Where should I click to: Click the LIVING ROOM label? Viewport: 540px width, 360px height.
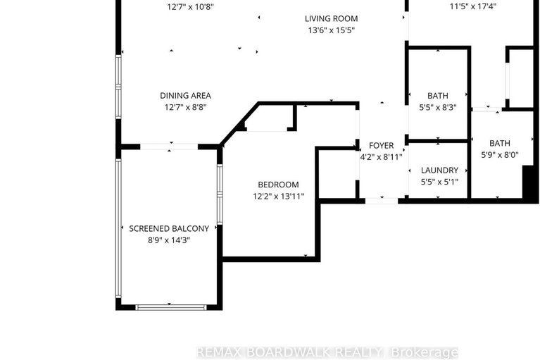(331, 18)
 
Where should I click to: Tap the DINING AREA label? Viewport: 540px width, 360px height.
(185, 96)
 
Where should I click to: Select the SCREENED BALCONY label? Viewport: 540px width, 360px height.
(169, 228)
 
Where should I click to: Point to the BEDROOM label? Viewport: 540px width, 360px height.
(278, 185)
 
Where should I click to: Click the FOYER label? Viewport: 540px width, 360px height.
(382, 146)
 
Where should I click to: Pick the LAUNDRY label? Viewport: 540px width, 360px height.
(439, 170)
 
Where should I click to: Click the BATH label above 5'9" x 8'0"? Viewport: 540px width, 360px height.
(500, 143)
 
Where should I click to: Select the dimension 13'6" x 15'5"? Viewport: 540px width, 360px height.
(331, 30)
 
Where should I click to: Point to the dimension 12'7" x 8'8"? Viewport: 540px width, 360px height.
(185, 108)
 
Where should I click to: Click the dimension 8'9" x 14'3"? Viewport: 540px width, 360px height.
(169, 240)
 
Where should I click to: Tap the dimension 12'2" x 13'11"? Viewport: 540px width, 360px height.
(278, 197)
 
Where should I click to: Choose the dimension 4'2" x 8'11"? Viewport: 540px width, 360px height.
(382, 158)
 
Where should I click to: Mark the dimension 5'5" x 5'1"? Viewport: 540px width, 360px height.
(439, 182)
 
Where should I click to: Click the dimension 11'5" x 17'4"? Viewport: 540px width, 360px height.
(473, 8)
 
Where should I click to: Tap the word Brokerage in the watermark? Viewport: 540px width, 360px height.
(427, 352)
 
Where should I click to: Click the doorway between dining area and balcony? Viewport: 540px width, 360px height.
(169, 147)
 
